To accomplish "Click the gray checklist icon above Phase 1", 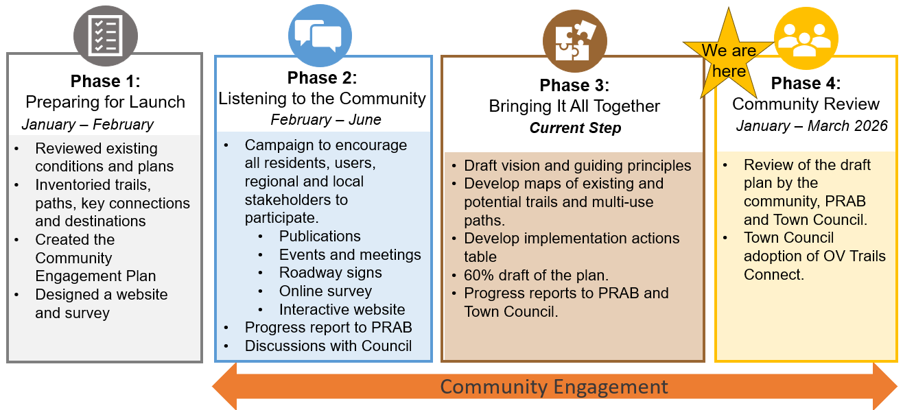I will tap(105, 36).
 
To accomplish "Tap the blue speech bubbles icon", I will tap(320, 35).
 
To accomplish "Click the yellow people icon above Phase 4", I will tap(806, 38).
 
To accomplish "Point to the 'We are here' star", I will tap(728, 60).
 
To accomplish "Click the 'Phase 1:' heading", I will tap(105, 82).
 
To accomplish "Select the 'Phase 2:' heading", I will tap(322, 77).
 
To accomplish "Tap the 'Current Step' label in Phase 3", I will tap(575, 128).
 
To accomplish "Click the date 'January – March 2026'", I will tap(812, 126).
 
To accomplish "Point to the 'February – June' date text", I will tap(326, 120).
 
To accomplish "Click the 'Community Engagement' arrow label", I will tap(554, 387).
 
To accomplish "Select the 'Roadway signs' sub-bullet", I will tap(330, 273).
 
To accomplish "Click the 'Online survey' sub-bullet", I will tap(325, 291).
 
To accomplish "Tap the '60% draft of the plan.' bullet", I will tap(536, 276).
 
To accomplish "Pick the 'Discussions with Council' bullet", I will tap(328, 346).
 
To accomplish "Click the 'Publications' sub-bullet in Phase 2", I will tap(320, 237).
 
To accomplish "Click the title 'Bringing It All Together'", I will tap(574, 107).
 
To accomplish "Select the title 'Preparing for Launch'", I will tap(105, 103).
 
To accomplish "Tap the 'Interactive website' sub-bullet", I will tap(342, 310).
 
